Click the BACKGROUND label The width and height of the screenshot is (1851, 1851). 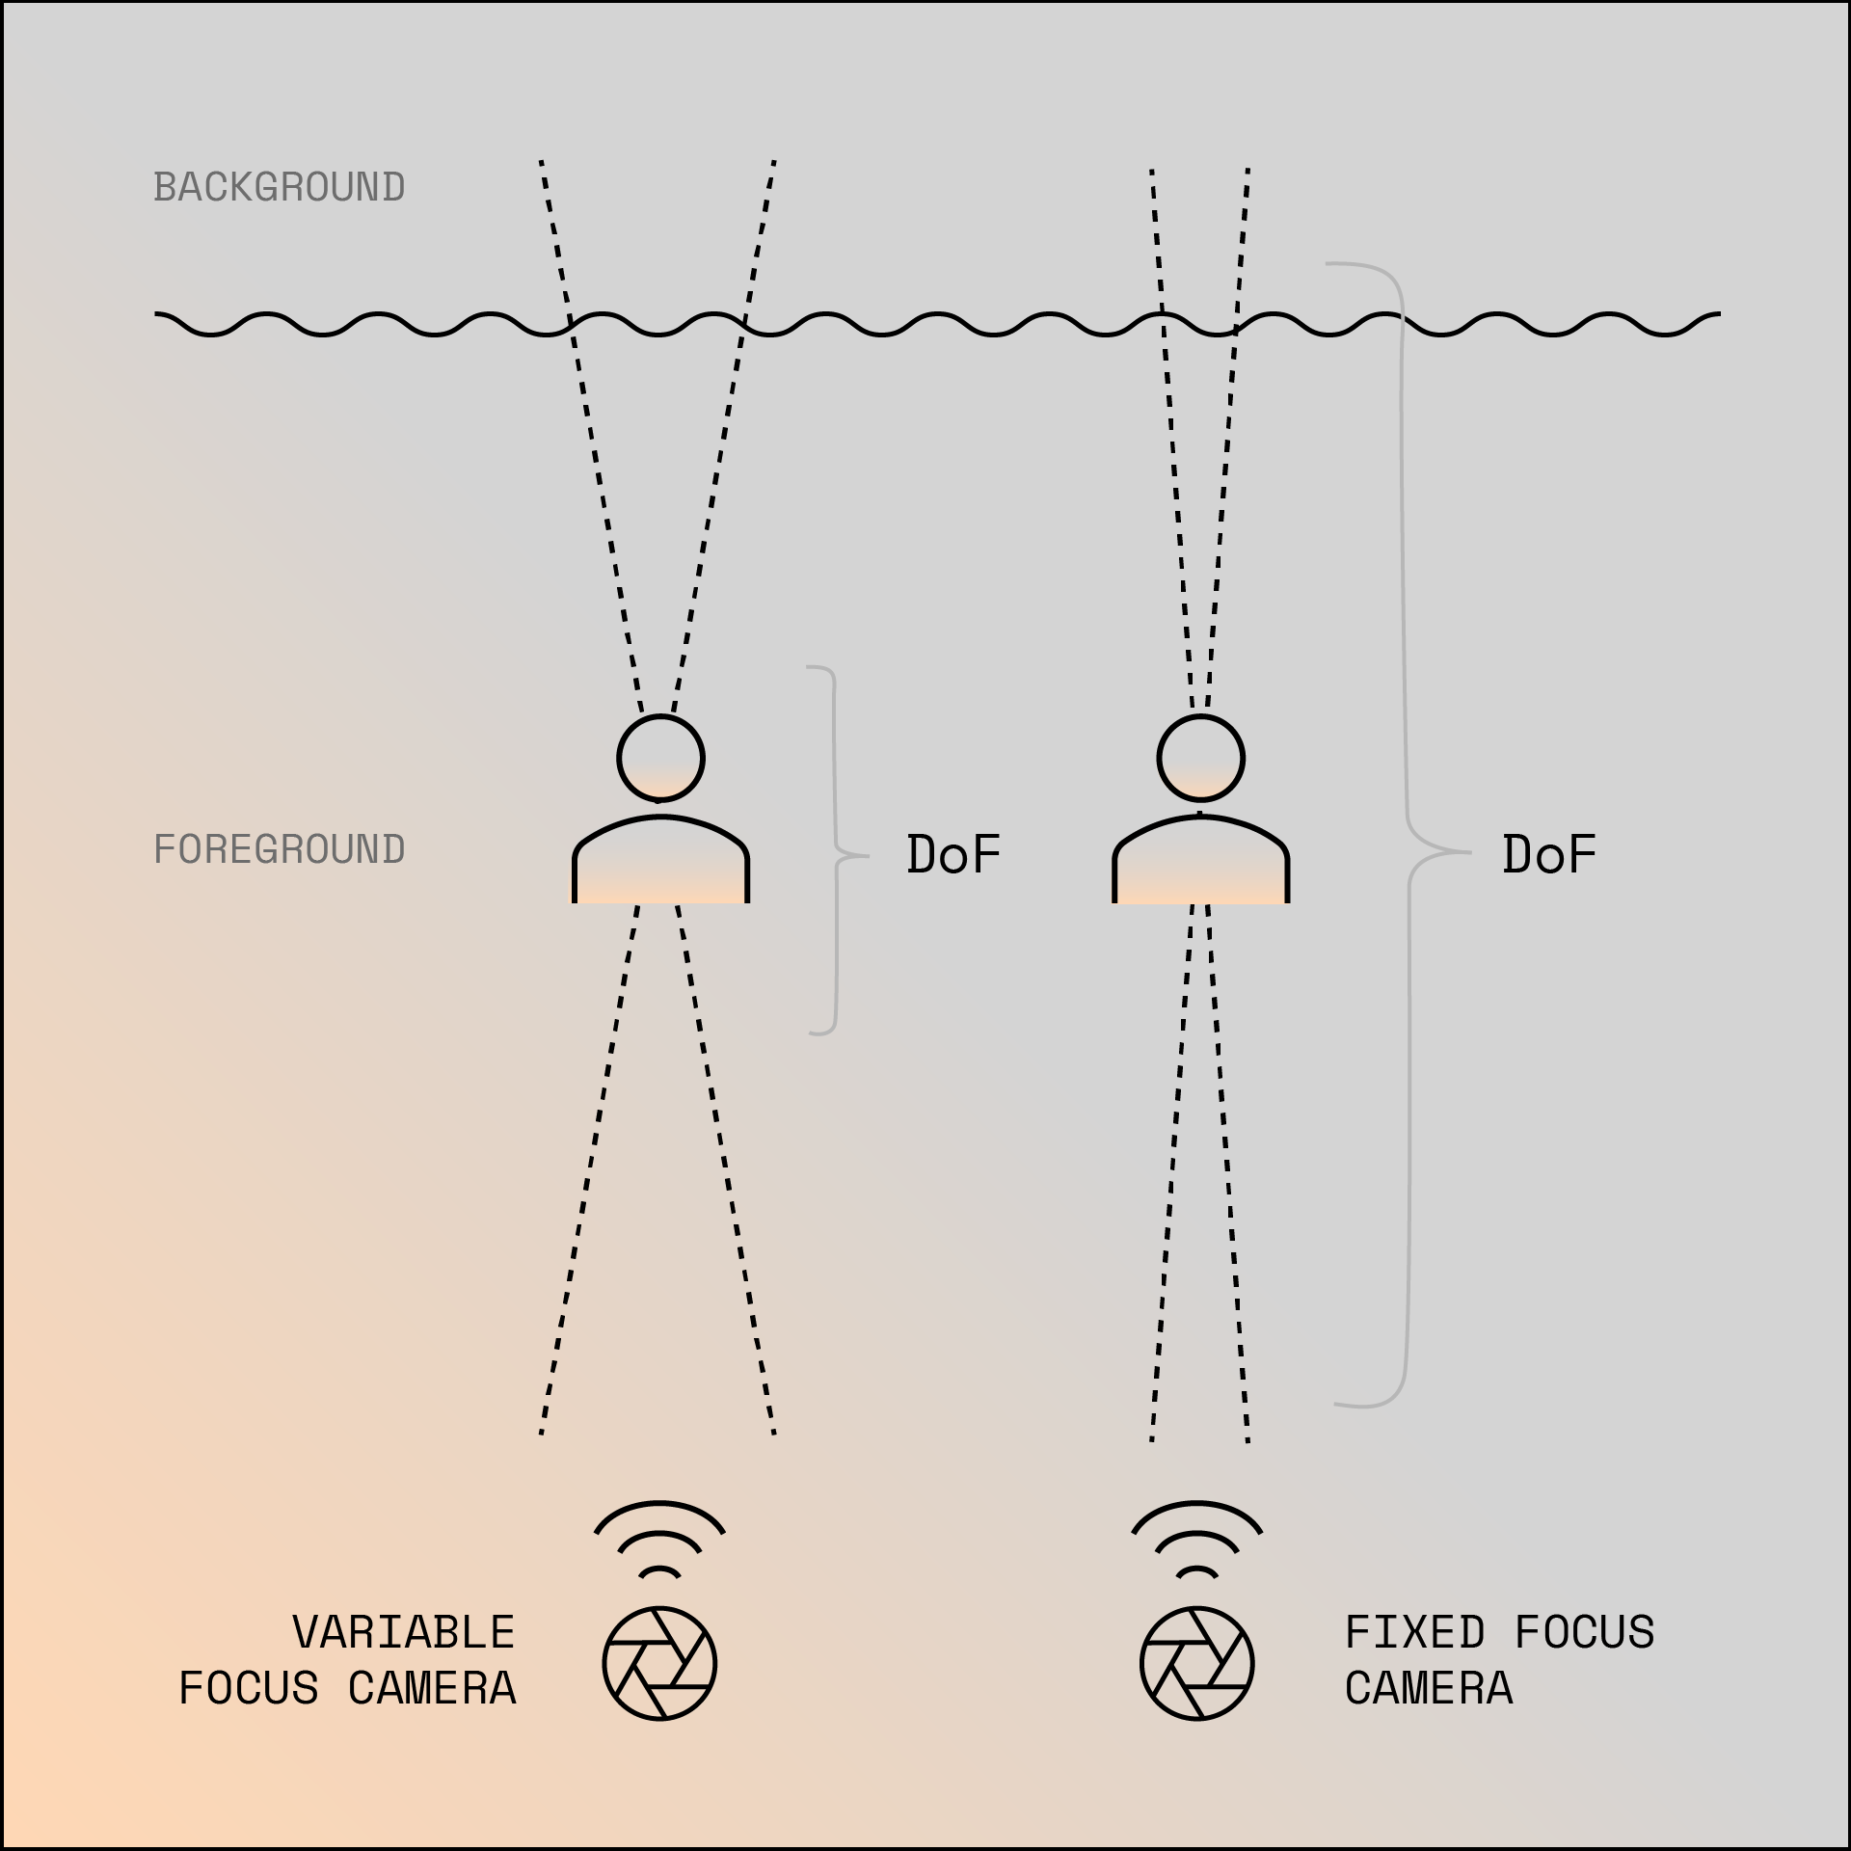tap(280, 187)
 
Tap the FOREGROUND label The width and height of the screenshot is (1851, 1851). tap(280, 849)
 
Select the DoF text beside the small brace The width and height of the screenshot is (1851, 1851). tap(953, 854)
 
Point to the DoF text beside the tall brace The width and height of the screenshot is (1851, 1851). tap(1549, 854)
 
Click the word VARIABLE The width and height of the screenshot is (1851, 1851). tap(404, 1633)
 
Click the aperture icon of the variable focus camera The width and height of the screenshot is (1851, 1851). tap(659, 1663)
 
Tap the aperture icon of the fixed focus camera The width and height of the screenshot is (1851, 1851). tap(1196, 1663)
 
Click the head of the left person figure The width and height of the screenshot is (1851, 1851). tap(660, 758)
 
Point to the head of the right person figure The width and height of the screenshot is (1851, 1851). tap(1200, 758)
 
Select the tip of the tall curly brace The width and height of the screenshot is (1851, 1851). tap(1467, 852)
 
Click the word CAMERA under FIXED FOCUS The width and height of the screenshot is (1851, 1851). tap(1429, 1689)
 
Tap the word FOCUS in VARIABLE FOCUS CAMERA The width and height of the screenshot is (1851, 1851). tap(249, 1689)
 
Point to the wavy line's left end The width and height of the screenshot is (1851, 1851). tap(157, 314)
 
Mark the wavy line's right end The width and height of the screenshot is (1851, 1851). tap(1718, 314)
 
